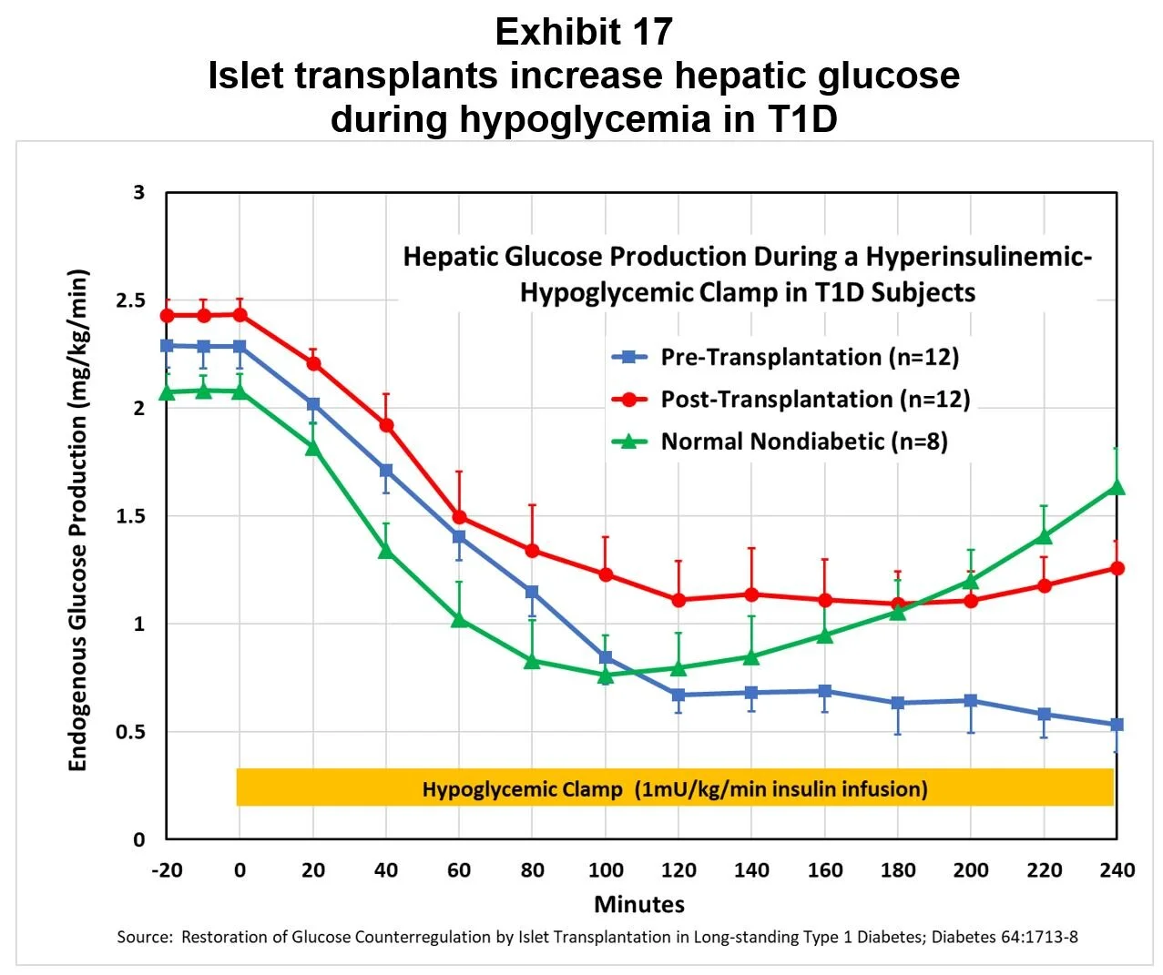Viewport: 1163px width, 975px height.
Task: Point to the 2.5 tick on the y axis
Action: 131,300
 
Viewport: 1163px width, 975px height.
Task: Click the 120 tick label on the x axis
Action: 678,870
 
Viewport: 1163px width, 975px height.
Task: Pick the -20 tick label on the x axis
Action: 166,870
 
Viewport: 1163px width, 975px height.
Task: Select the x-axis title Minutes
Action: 639,904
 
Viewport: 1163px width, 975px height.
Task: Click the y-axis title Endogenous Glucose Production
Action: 78,520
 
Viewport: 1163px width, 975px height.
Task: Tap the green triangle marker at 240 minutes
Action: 1117,487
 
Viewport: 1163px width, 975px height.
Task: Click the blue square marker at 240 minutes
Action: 1117,725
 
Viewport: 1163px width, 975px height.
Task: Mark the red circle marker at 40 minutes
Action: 386,425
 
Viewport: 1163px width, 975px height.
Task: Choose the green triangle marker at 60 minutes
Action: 459,620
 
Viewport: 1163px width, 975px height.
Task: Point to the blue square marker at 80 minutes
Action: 532,592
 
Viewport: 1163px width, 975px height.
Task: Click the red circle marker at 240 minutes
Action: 1117,568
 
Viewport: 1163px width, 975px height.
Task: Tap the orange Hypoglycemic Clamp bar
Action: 675,787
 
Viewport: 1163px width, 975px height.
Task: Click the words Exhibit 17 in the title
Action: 584,33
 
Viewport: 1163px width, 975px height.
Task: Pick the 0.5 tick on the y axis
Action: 131,732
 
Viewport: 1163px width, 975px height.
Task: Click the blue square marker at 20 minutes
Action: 313,404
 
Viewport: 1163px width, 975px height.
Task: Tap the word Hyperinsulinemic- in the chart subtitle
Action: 978,257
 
